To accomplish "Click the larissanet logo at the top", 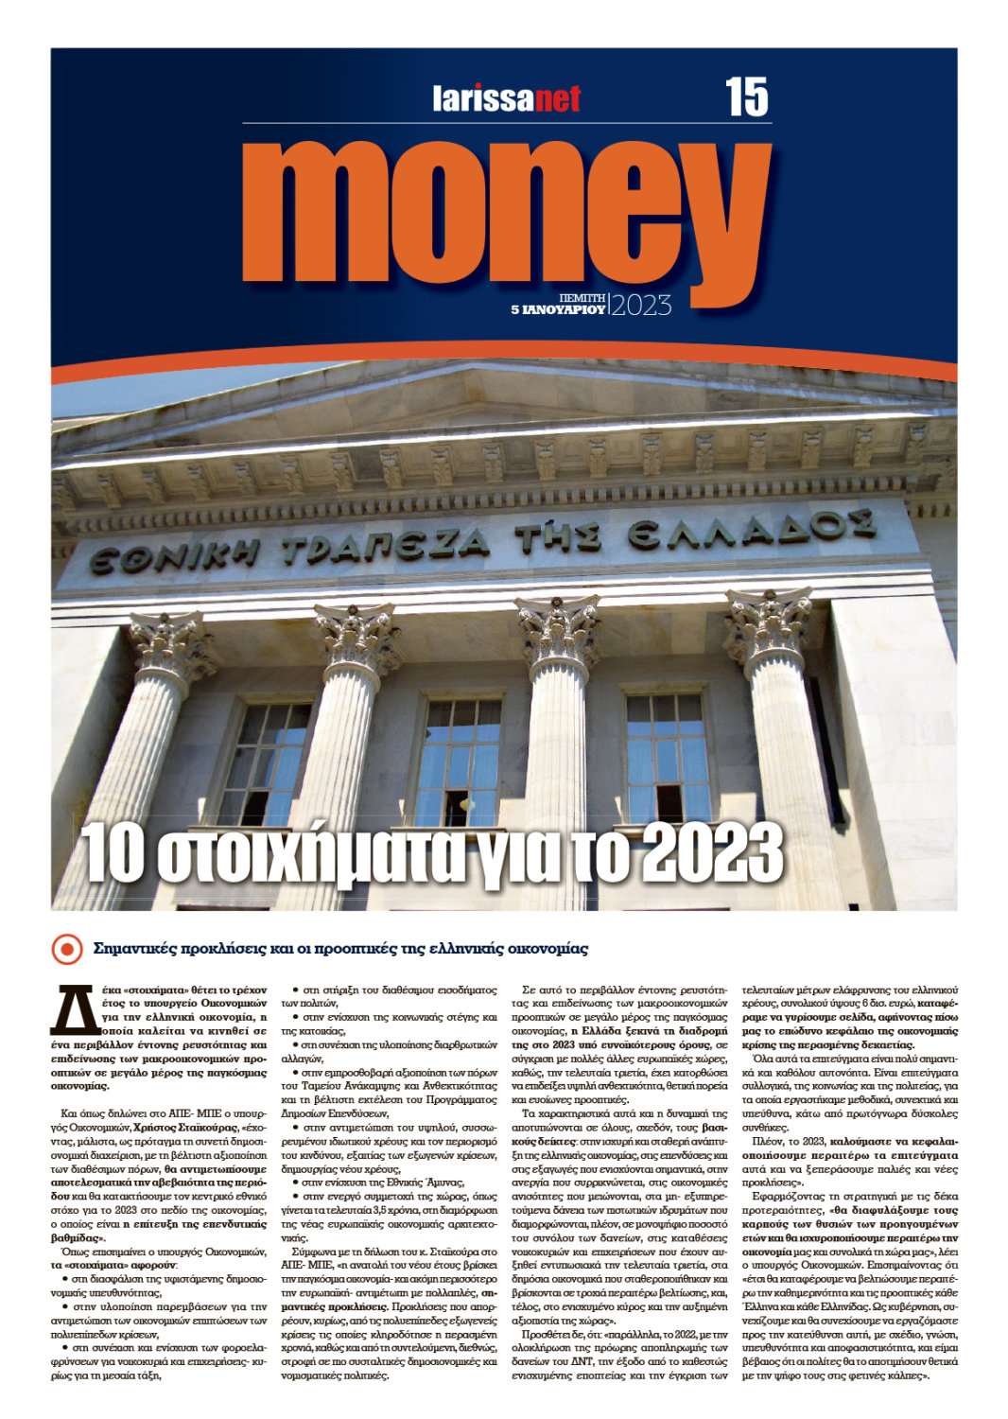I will (507, 98).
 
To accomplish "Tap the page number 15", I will (747, 97).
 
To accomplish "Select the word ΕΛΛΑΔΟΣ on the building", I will (752, 528).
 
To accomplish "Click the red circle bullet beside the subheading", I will (66, 948).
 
